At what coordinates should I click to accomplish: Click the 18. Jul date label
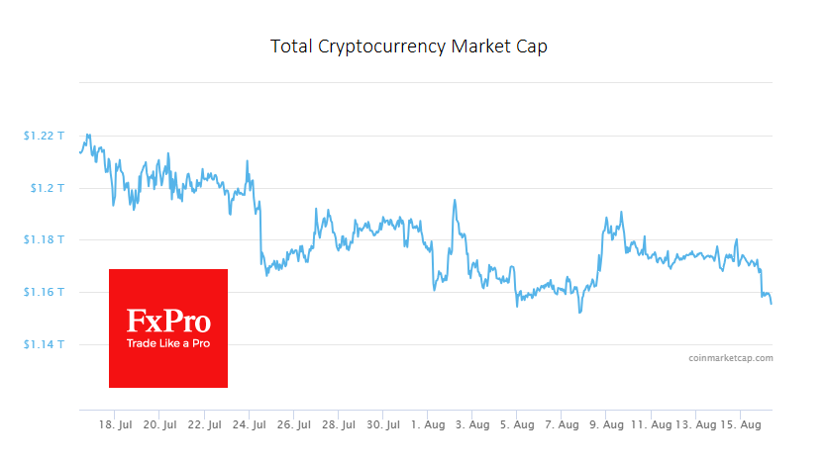(x=115, y=424)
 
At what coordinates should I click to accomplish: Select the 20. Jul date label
(x=159, y=424)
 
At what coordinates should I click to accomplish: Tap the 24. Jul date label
(x=249, y=424)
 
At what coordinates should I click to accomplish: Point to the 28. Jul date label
(x=338, y=424)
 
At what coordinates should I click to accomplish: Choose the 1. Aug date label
(x=427, y=424)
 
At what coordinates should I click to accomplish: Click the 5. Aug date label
(x=516, y=424)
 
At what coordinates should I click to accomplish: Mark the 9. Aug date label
(x=605, y=424)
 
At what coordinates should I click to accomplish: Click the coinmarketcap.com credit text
(x=731, y=358)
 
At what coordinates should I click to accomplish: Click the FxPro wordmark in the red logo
(x=167, y=322)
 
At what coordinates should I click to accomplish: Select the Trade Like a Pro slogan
(x=167, y=343)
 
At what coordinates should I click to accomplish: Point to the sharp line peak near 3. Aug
(x=455, y=201)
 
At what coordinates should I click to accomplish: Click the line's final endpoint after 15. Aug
(x=772, y=304)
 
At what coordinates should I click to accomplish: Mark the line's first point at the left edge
(x=79, y=152)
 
